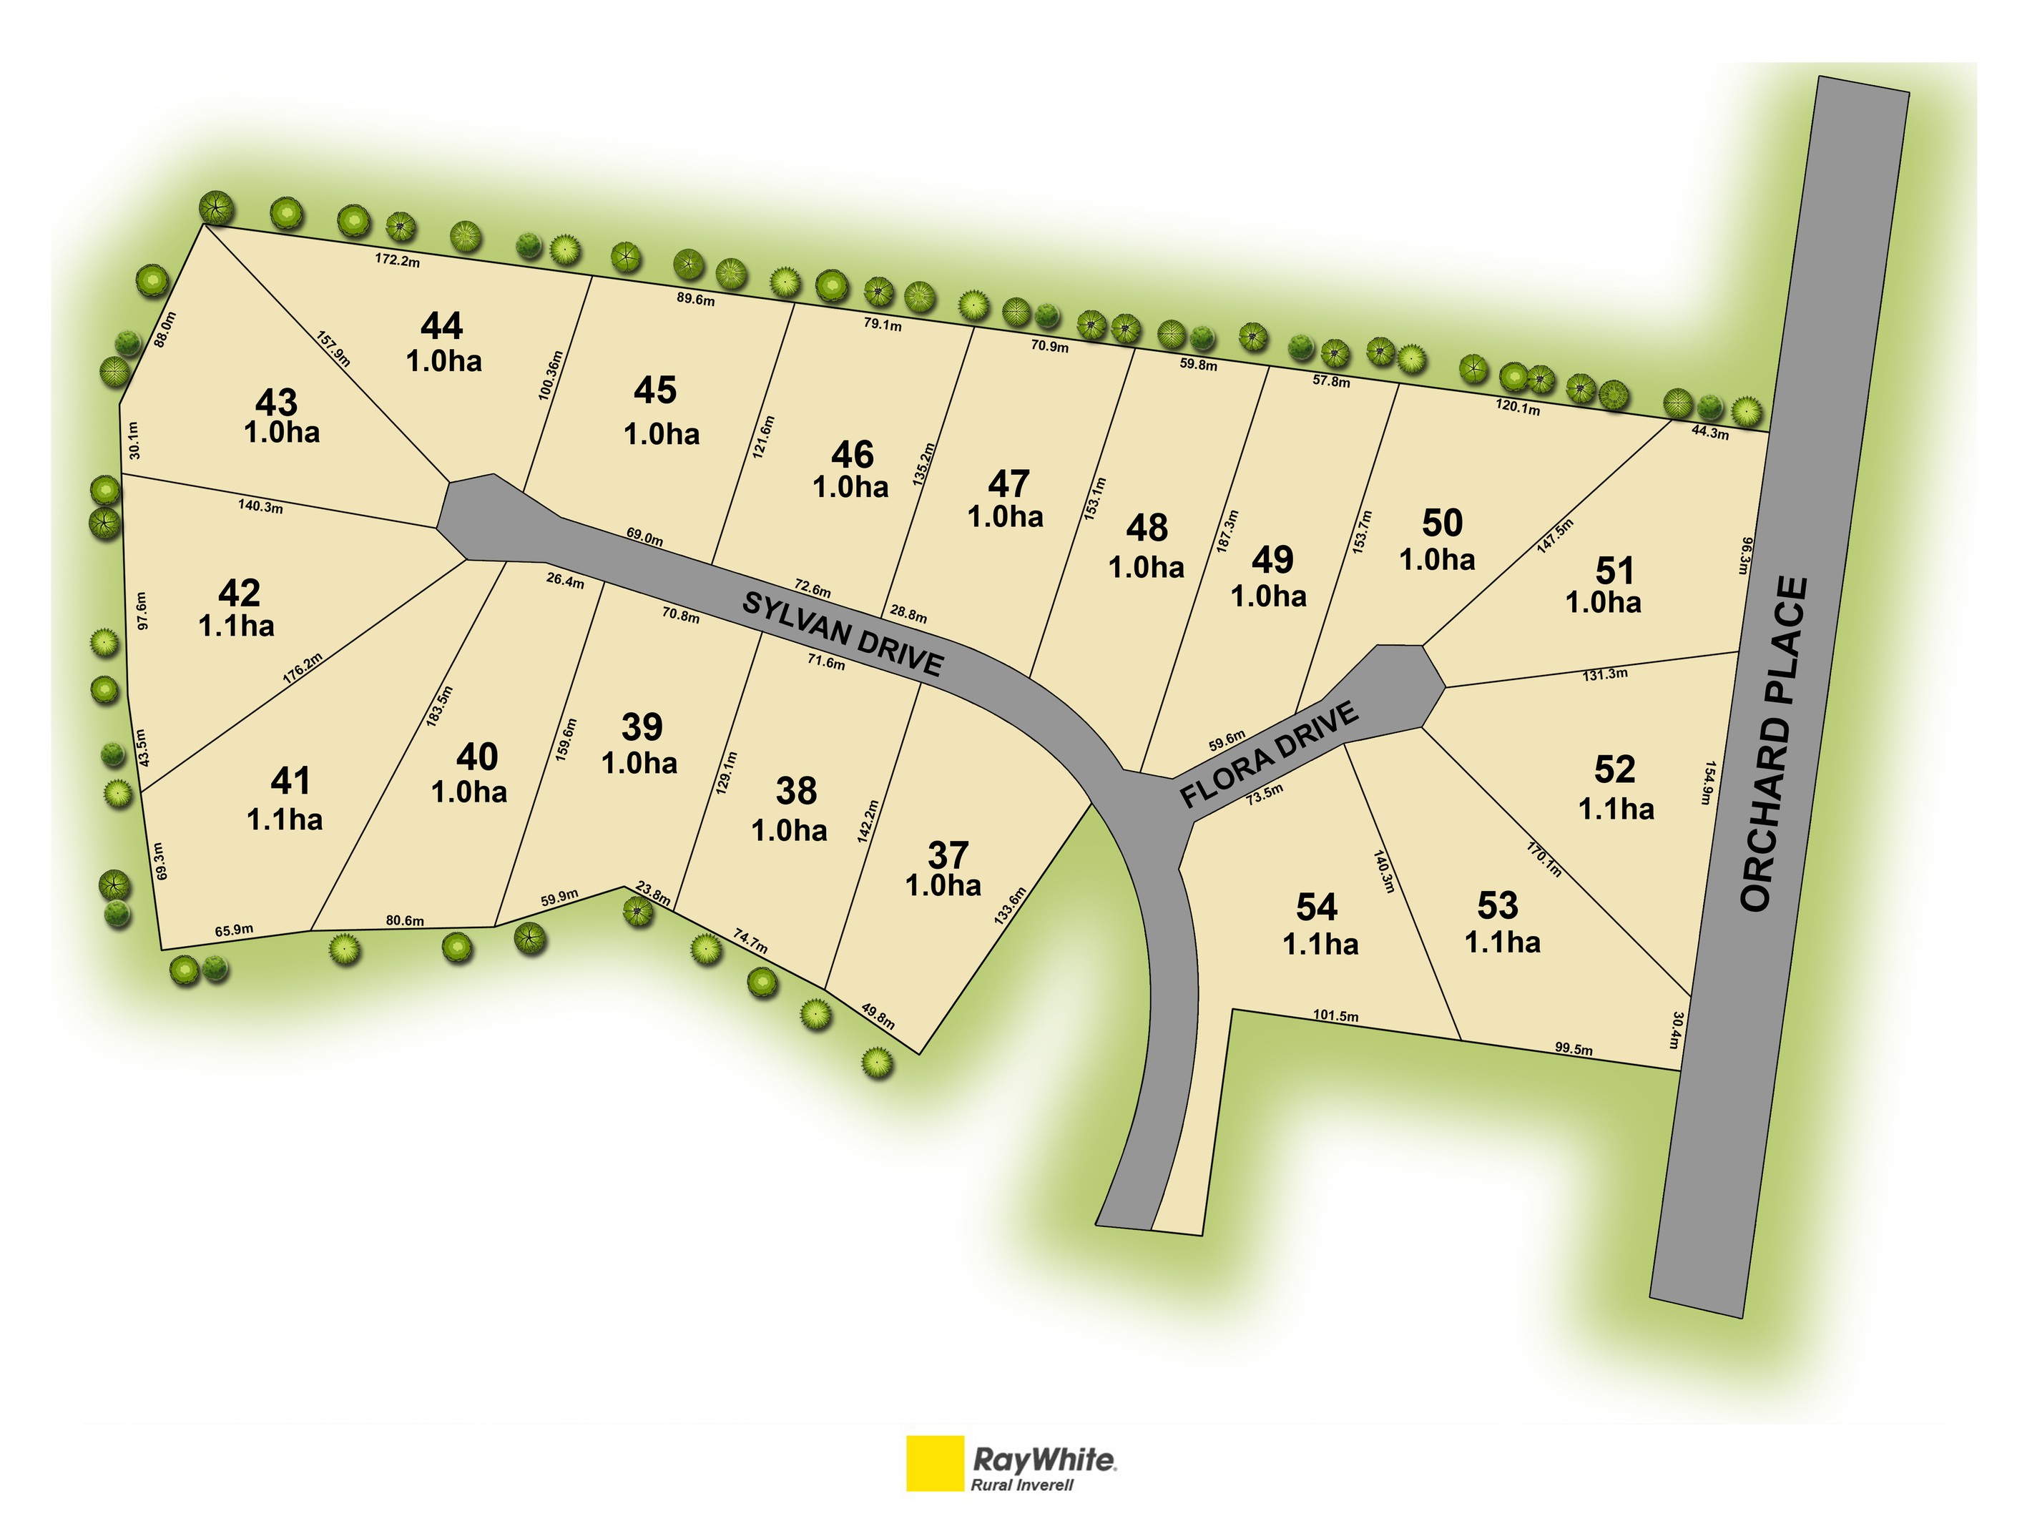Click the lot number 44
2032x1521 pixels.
(442, 326)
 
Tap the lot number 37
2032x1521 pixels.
(948, 855)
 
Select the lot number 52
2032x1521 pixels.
(1614, 769)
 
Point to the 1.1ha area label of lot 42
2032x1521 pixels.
(236, 626)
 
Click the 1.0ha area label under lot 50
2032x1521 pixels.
(1437, 559)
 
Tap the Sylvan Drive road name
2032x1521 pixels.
(843, 634)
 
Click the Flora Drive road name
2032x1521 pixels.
(1269, 755)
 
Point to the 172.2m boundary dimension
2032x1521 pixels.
(397, 260)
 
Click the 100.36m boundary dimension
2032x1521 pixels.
(549, 375)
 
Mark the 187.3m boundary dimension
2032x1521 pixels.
(1227, 531)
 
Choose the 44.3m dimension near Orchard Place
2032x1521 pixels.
(1709, 433)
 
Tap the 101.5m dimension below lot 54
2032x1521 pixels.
(1335, 1016)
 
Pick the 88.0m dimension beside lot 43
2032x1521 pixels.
(165, 329)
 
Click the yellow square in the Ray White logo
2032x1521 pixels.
(934, 1463)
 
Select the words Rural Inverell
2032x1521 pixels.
(1021, 1485)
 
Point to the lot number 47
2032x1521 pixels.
(1008, 484)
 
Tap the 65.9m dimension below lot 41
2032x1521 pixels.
(233, 930)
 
